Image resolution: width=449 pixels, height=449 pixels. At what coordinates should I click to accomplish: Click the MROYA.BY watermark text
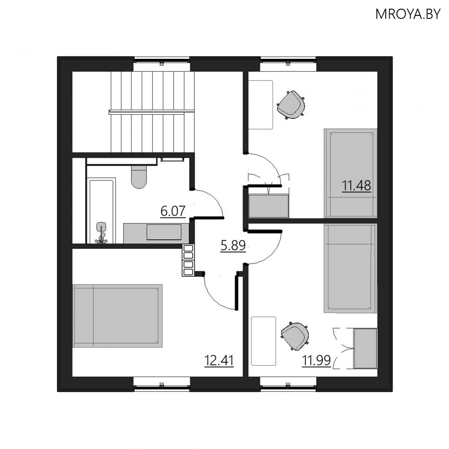pyautogui.click(x=408, y=14)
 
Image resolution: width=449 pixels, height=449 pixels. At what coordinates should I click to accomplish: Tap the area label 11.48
pyautogui.click(x=356, y=186)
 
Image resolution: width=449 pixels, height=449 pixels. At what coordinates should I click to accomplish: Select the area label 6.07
pyautogui.click(x=173, y=211)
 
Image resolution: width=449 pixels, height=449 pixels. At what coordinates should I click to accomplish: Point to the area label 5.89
pyautogui.click(x=233, y=245)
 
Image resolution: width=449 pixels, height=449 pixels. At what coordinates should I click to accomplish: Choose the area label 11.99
pyautogui.click(x=316, y=360)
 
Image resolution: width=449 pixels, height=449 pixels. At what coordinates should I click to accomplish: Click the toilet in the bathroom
pyautogui.click(x=139, y=177)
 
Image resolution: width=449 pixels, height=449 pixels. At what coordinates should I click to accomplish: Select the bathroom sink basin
pyautogui.click(x=164, y=232)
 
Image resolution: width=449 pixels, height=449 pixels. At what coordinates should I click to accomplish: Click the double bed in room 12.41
pyautogui.click(x=117, y=316)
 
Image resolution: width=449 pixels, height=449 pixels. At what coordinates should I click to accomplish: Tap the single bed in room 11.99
pyautogui.click(x=350, y=268)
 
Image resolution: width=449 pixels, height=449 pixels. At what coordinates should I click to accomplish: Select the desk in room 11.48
pyautogui.click(x=261, y=105)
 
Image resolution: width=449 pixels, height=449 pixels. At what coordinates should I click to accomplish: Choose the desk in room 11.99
pyautogui.click(x=263, y=341)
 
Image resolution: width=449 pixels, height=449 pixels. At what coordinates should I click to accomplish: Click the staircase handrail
pyautogui.click(x=151, y=112)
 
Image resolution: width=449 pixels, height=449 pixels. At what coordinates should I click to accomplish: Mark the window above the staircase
pyautogui.click(x=162, y=61)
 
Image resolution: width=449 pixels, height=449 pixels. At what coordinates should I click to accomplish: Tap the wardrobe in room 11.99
pyautogui.click(x=365, y=348)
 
